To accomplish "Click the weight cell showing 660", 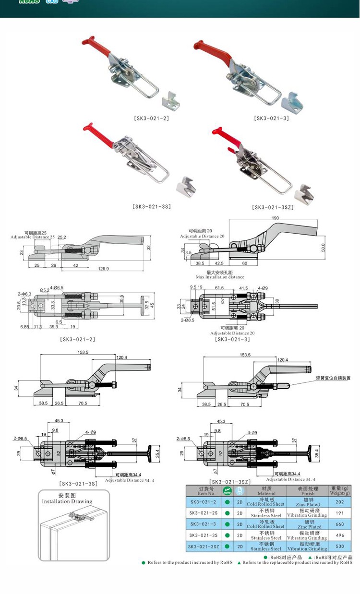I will tap(340, 524).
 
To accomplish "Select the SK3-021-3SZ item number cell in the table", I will tap(204, 546).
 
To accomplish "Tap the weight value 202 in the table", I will tap(340, 502).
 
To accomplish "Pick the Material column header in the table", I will tap(266, 490).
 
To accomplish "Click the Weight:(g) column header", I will tap(340, 490).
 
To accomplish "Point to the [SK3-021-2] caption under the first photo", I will tap(151, 118).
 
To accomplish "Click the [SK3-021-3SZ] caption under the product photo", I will tap(273, 207).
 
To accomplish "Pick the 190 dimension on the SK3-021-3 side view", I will tap(275, 217).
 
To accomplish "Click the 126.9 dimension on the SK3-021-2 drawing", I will tap(103, 269).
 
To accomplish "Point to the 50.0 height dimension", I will tap(323, 248).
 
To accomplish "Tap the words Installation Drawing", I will tap(67, 501).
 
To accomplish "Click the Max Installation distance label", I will tap(220, 277).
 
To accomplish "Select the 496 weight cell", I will tap(340, 535).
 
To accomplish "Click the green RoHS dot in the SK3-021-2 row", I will tap(227, 502).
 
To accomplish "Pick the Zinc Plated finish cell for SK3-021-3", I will tap(308, 524).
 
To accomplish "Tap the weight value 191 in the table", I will tap(340, 513).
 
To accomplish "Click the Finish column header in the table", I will tap(308, 490).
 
